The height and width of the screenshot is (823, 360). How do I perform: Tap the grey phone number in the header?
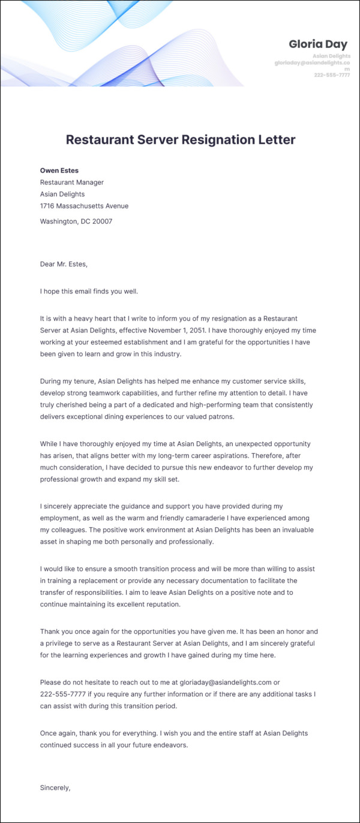pyautogui.click(x=332, y=75)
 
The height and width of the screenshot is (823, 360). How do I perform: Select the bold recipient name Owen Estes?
pyautogui.click(x=59, y=170)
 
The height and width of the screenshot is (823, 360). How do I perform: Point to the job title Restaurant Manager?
pyautogui.click(x=72, y=182)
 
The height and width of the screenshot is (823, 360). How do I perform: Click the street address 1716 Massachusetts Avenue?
pyautogui.click(x=84, y=206)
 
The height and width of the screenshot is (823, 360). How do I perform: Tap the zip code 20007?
pyautogui.click(x=101, y=222)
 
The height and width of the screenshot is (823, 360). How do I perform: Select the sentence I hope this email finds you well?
pyautogui.click(x=89, y=292)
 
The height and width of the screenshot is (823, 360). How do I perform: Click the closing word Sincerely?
pyautogui.click(x=55, y=787)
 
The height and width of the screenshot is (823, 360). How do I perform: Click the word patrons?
pyautogui.click(x=219, y=417)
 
